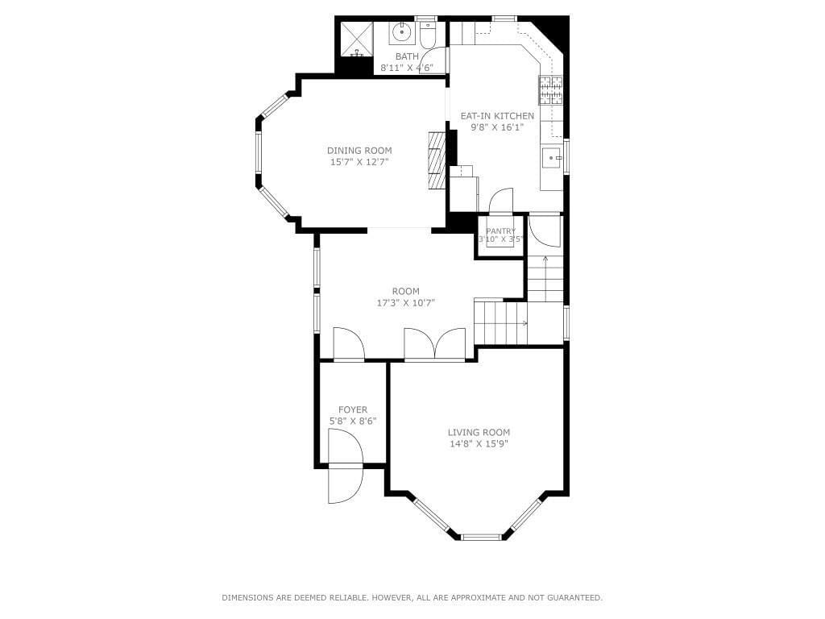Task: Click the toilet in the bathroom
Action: tap(427, 35)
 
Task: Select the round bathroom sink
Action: tap(401, 33)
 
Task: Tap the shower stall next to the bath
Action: tap(354, 39)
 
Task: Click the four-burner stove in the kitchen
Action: tap(550, 89)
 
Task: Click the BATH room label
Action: tap(407, 56)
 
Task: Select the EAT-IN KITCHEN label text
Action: tap(497, 116)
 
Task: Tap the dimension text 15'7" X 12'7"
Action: tap(359, 162)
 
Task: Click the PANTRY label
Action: tap(500, 231)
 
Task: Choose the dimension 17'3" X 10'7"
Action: tap(405, 303)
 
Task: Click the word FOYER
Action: tap(353, 409)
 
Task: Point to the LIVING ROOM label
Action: tap(479, 432)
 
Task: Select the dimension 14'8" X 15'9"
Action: tap(479, 443)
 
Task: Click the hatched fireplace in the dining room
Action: tap(436, 160)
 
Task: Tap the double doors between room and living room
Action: tap(434, 344)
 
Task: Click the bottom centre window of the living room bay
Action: tap(481, 536)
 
